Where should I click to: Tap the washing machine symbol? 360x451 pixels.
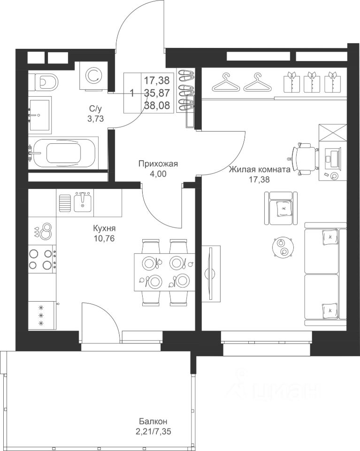click(94, 76)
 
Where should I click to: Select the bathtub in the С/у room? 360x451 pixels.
click(64, 153)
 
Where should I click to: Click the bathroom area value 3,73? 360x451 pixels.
click(95, 118)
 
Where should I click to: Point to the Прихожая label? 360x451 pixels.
click(158, 164)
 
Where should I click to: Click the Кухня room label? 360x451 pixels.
click(104, 228)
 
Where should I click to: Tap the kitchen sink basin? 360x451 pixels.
click(83, 202)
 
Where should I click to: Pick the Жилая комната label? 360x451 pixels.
click(260, 170)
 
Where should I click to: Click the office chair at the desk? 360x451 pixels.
click(305, 158)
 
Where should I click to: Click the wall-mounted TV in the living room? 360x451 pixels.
click(211, 273)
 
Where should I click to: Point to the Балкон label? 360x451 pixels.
click(153, 422)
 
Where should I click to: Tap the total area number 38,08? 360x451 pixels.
click(157, 105)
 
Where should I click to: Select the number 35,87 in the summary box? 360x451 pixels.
click(157, 93)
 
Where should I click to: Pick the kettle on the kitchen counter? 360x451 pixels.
click(45, 230)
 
